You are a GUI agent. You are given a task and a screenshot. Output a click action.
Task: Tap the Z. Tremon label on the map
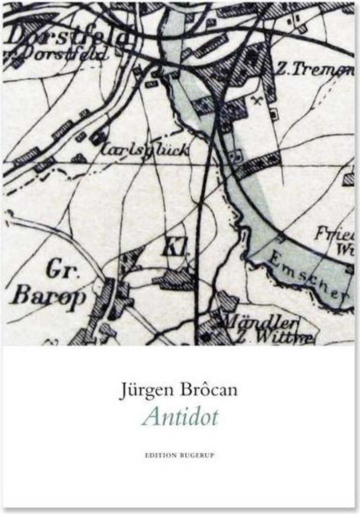[x=313, y=70]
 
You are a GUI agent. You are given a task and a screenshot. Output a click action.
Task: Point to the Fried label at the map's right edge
[x=333, y=233]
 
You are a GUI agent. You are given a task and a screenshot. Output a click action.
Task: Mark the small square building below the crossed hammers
[x=273, y=113]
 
